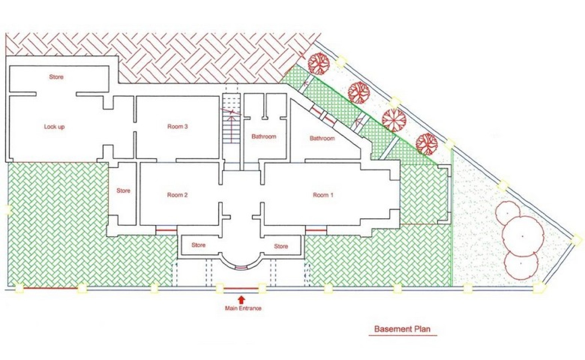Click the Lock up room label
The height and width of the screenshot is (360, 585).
click(54, 127)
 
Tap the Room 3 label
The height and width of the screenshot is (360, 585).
click(178, 126)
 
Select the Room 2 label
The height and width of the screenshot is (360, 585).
click(177, 195)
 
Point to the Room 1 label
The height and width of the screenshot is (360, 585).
click(323, 195)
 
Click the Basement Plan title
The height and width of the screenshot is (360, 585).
click(402, 329)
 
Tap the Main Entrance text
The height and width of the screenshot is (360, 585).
click(243, 308)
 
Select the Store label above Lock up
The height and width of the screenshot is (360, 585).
click(56, 77)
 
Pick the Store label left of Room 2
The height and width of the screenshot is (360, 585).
click(123, 191)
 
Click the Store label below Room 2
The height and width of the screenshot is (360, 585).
click(198, 245)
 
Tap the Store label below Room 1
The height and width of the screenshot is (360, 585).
click(281, 246)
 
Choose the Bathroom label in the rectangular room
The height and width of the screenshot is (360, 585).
click(264, 136)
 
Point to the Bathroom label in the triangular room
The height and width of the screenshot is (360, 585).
click(322, 138)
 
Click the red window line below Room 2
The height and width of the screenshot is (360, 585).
click(166, 230)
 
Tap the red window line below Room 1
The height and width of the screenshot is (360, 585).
click(316, 230)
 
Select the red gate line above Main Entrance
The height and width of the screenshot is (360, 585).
click(241, 288)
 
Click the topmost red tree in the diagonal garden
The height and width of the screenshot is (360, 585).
click(319, 63)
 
